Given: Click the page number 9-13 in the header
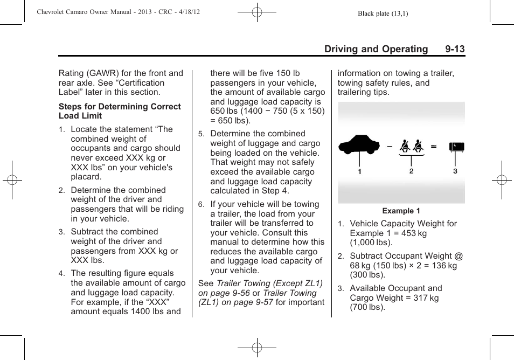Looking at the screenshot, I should point(455,49).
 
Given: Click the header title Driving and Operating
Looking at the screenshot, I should point(376,49).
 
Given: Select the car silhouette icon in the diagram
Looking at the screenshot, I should point(359,146).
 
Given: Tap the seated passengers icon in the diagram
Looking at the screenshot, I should point(411,146).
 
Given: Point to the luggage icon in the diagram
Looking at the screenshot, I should point(456,147).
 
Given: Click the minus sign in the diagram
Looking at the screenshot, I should point(389,146).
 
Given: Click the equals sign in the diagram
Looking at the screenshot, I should point(433,146).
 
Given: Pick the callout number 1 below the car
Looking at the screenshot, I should point(360,171).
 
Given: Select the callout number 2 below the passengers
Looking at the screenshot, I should point(411,171).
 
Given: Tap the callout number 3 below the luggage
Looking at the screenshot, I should point(455,171).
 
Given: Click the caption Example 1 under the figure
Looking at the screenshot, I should point(401,211).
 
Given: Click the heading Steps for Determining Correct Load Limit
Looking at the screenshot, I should point(120,111).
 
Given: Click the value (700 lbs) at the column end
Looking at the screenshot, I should point(367,307).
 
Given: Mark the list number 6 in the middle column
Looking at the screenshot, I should point(200,205).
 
